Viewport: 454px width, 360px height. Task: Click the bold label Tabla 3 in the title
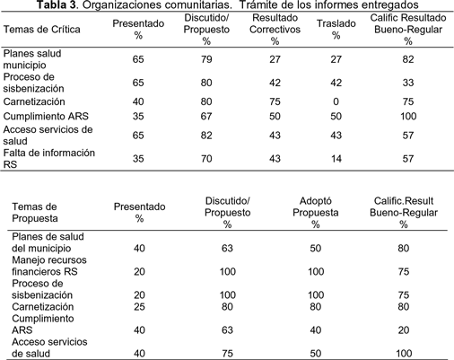(57, 4)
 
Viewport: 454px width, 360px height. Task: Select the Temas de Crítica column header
(41, 30)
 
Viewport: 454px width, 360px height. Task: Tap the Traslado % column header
(336, 30)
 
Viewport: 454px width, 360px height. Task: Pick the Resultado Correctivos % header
(275, 30)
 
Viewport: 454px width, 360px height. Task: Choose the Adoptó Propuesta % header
(316, 213)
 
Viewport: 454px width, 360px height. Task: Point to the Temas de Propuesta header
(34, 213)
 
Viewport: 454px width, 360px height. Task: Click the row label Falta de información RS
(49, 159)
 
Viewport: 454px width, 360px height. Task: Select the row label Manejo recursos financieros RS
(49, 266)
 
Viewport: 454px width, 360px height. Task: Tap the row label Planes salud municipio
(32, 59)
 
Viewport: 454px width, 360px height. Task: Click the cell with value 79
(206, 59)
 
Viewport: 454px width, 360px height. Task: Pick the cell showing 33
(408, 83)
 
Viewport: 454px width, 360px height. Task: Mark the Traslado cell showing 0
(336, 101)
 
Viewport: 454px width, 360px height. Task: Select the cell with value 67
(206, 116)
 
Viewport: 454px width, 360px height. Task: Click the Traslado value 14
(336, 159)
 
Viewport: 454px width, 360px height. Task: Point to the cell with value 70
(206, 159)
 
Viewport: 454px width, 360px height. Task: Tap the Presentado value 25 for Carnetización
(139, 307)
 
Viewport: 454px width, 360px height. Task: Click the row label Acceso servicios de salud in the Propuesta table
(49, 347)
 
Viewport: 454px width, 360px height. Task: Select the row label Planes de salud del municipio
(48, 242)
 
